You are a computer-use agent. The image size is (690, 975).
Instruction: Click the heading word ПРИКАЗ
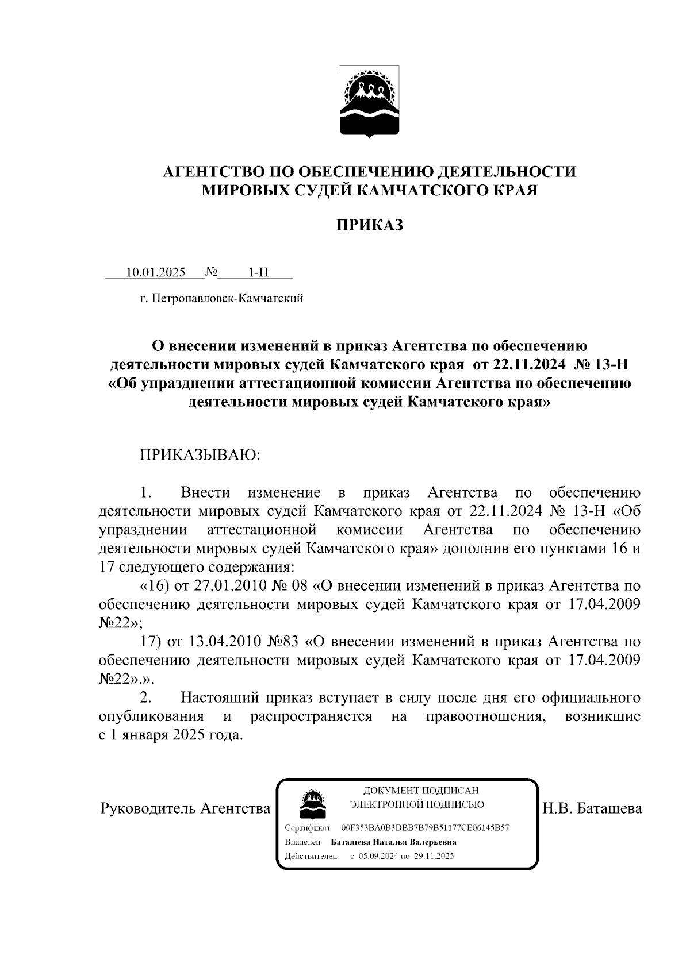coord(369,225)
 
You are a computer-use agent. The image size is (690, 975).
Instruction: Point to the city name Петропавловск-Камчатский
coord(226,299)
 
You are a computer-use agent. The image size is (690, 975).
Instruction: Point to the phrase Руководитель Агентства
coord(185,809)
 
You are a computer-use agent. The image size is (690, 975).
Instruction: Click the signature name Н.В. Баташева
coord(592,809)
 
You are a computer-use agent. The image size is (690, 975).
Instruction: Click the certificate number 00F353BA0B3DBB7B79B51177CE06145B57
coord(425,828)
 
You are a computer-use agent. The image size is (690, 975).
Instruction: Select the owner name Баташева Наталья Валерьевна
coord(394,842)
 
